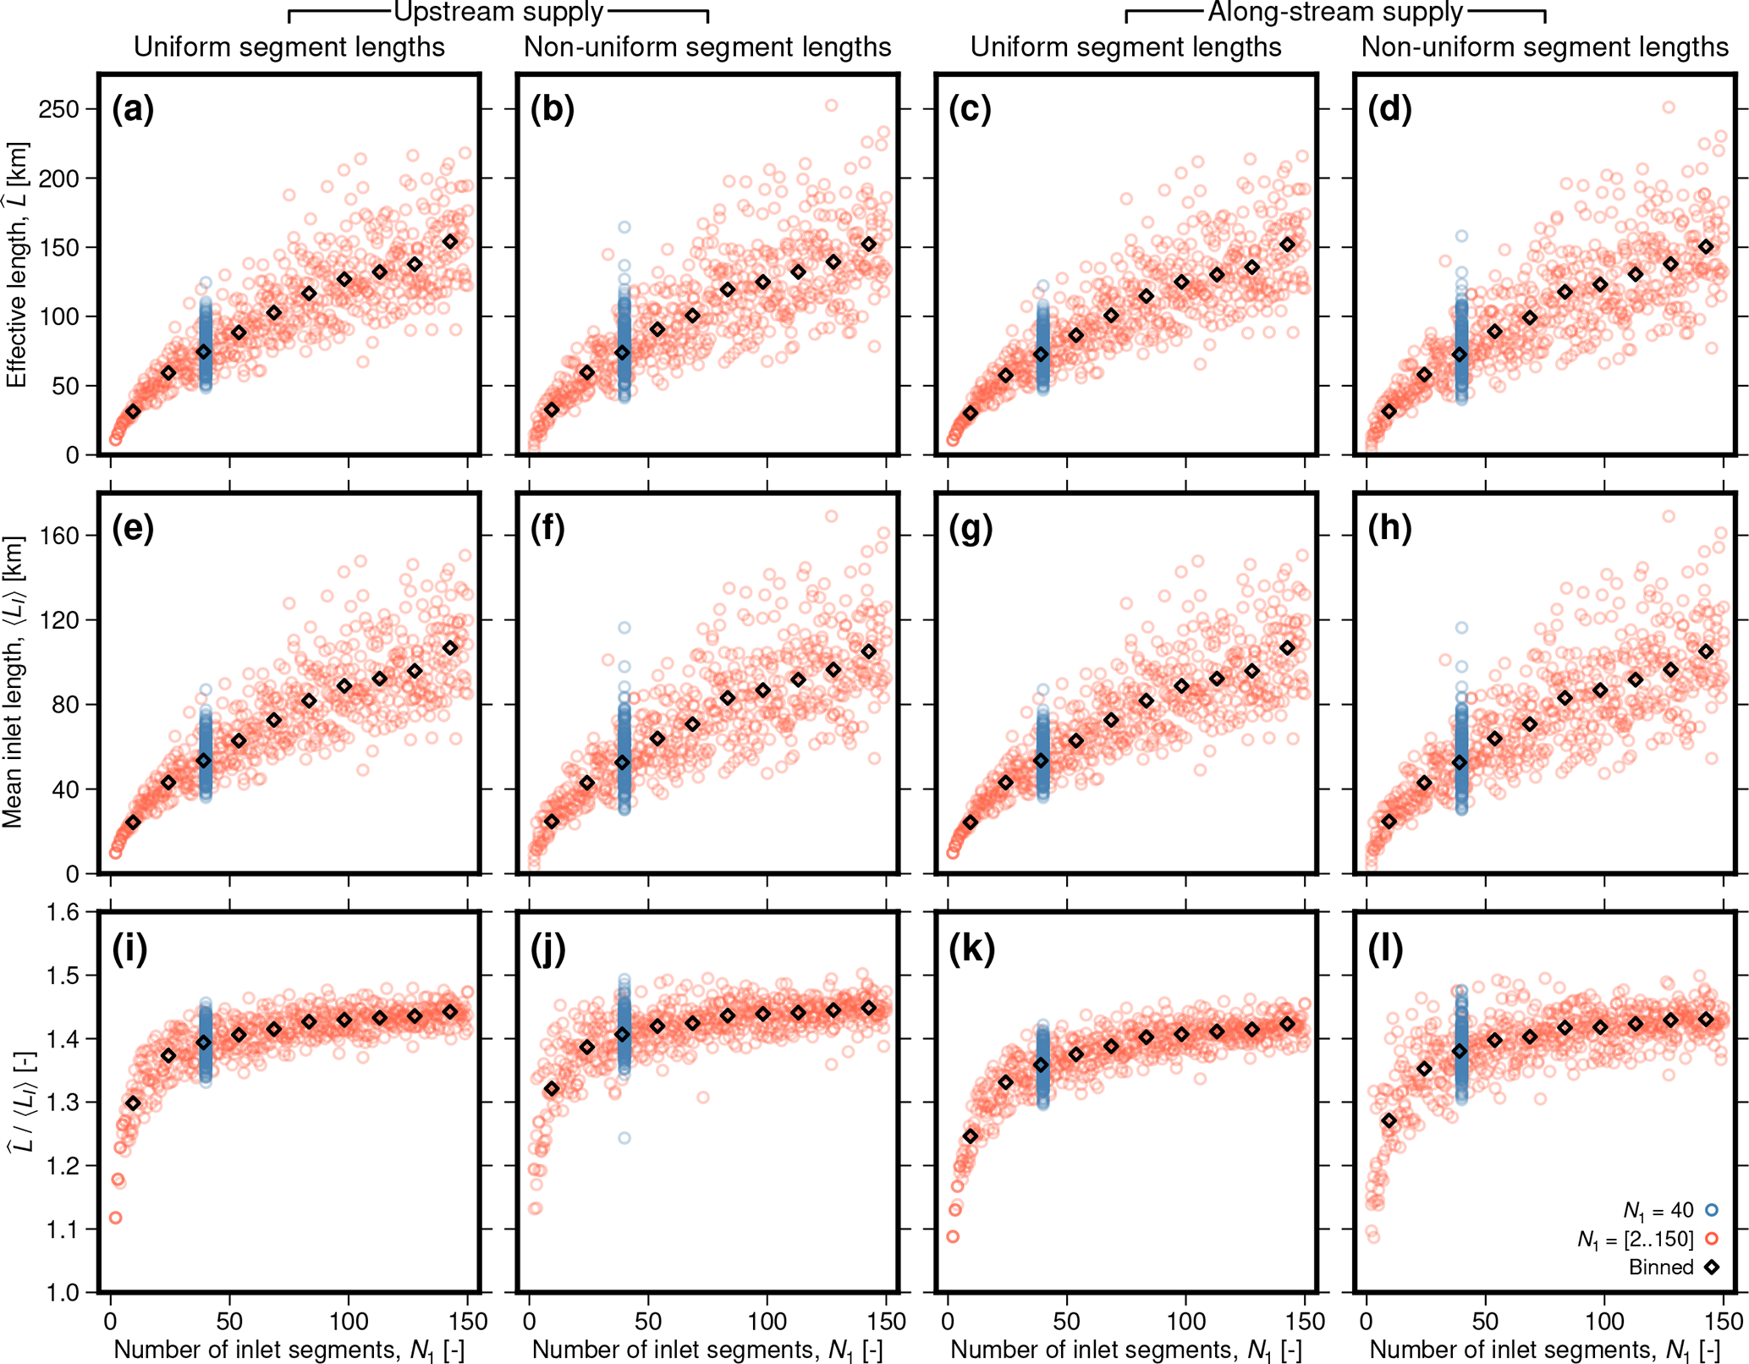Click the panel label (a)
133,111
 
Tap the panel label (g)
971,529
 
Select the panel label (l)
1385,949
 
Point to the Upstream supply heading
498,13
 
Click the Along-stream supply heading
1335,13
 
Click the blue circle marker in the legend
1711,1211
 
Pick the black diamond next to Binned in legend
1711,1268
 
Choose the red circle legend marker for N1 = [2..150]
1711,1240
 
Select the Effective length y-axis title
18,264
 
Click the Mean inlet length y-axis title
14,682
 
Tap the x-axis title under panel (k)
1125,1350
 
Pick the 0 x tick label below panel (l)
1367,1322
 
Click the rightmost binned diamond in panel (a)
450,242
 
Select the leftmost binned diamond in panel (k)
971,1136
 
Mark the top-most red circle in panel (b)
832,106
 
